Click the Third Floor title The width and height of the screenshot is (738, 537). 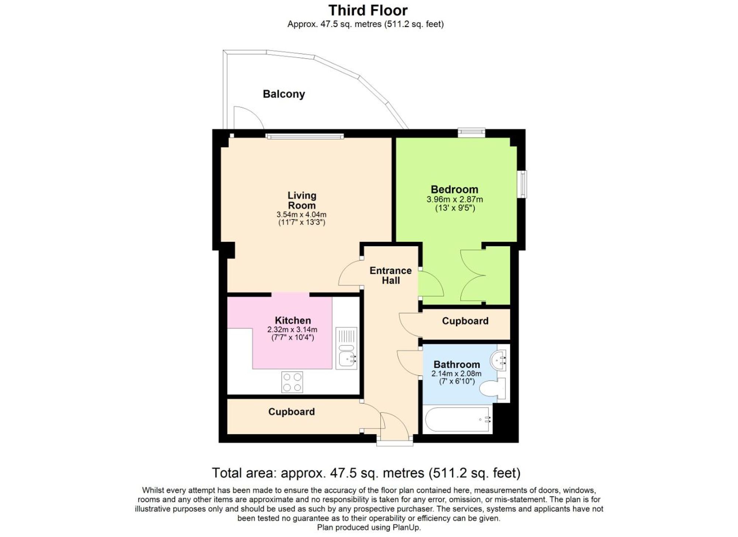point(368,10)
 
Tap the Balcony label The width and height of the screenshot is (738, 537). point(284,94)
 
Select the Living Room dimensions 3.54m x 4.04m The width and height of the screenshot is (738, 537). point(301,214)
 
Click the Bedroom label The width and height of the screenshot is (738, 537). point(454,189)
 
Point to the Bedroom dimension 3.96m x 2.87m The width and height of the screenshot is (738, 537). point(455,199)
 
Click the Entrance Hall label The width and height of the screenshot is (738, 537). point(390,275)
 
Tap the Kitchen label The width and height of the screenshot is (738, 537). point(293,320)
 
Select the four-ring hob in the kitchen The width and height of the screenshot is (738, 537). point(292,382)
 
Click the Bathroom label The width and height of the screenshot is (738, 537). point(456,364)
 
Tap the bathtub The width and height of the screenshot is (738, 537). point(457,419)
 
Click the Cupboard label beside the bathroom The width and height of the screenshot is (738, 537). point(465,321)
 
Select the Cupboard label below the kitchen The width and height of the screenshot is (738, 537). point(291,412)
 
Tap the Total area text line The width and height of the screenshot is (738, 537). point(366,473)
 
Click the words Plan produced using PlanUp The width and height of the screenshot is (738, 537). point(369,527)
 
